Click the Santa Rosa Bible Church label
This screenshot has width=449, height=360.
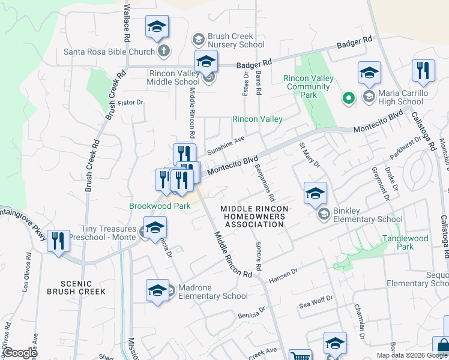(109, 52)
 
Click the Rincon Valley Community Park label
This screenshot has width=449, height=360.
(308, 86)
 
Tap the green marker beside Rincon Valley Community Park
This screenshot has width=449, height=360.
(347, 98)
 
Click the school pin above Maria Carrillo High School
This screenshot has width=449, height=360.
(369, 73)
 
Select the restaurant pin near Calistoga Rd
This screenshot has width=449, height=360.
(423, 71)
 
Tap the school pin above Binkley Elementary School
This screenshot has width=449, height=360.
(315, 193)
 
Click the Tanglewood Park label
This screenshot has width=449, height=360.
(406, 242)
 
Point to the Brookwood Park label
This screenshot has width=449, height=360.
(160, 206)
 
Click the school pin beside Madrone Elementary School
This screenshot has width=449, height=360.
(157, 290)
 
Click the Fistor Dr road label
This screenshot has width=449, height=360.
(131, 103)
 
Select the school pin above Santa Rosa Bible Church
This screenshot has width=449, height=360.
(157, 26)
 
